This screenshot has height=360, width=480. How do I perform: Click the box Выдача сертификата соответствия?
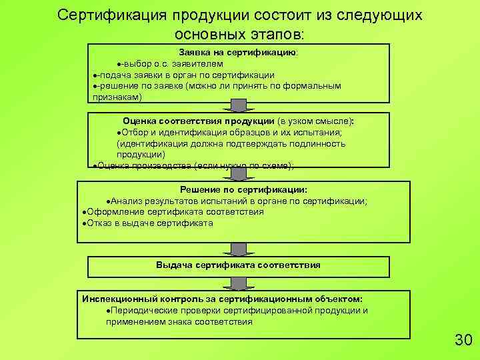(239, 265)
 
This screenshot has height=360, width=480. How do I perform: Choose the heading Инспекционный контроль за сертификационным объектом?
(222, 299)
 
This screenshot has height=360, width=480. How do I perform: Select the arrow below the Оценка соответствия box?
(238, 175)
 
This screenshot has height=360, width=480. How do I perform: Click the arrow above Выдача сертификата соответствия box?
(238, 249)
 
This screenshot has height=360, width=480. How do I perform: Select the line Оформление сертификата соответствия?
(171, 212)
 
